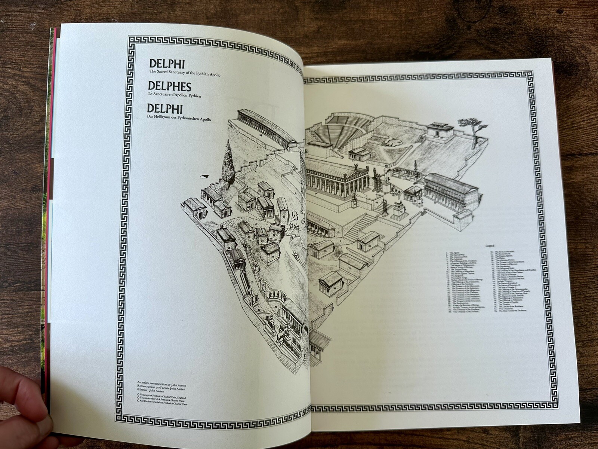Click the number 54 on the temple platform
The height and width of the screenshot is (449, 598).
317,194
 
